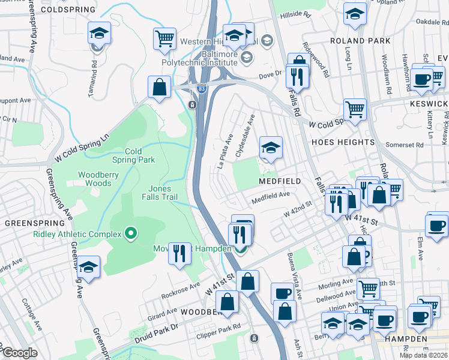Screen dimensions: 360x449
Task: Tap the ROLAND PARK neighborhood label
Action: (x=360, y=41)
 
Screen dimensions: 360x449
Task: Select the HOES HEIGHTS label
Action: (x=343, y=142)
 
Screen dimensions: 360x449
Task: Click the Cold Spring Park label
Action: (x=133, y=155)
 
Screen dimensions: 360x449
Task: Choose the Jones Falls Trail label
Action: (x=160, y=193)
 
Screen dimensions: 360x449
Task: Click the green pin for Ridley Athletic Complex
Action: (x=131, y=233)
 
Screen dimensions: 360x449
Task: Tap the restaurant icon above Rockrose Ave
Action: (x=179, y=253)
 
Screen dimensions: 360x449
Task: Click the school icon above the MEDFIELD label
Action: (x=271, y=148)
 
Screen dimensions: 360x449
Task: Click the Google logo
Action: (x=20, y=353)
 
